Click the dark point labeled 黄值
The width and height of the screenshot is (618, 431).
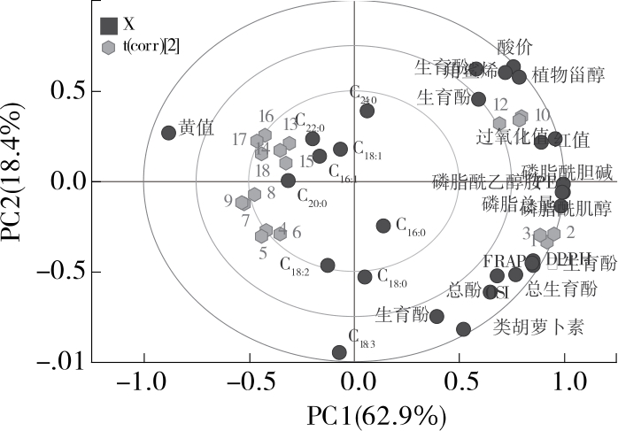(x=168, y=133)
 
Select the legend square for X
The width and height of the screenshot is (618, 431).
(x=109, y=26)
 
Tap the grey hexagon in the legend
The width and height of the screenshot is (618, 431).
(x=109, y=47)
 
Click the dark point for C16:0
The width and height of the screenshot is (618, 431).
(x=383, y=226)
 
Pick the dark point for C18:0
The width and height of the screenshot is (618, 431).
(x=365, y=277)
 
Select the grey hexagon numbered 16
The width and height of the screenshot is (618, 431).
(x=265, y=135)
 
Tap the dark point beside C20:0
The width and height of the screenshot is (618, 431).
(x=288, y=181)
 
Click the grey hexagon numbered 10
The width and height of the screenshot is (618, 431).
(x=521, y=117)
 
